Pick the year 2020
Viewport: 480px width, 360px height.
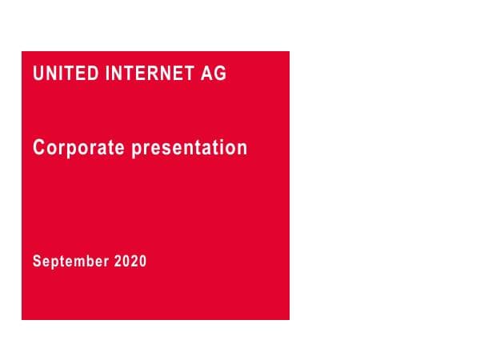130,261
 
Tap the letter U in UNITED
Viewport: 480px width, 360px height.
38,74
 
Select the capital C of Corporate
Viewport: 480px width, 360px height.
38,148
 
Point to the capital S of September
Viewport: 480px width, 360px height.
37,261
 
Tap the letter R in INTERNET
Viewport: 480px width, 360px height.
150,74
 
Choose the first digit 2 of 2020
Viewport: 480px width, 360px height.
118,261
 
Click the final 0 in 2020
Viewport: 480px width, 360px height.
142,261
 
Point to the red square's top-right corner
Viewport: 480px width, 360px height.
289,52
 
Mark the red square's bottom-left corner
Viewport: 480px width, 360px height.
22,319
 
